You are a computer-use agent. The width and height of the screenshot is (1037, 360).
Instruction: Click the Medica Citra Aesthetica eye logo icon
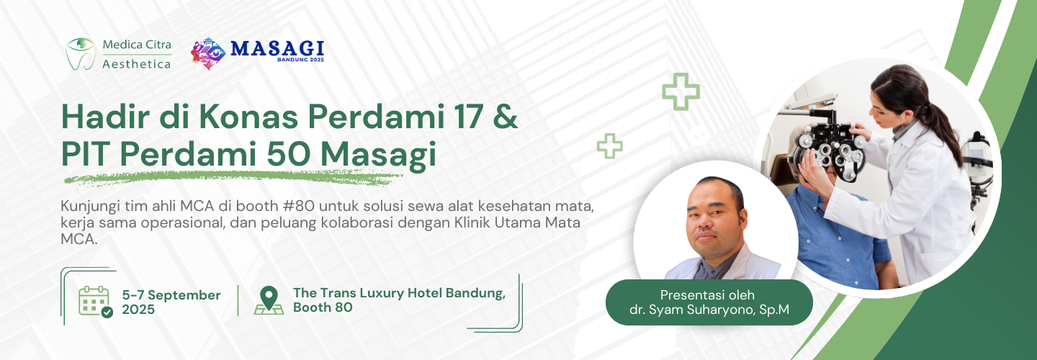(x=81, y=53)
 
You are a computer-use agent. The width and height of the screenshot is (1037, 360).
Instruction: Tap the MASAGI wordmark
(x=277, y=49)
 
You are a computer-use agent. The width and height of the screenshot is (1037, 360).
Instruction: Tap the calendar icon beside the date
(x=95, y=301)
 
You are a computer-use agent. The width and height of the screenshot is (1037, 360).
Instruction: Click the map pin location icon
(x=269, y=300)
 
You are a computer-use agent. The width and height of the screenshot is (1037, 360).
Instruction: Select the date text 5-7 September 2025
(x=171, y=302)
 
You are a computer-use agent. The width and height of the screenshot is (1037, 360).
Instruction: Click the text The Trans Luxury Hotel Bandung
(x=399, y=293)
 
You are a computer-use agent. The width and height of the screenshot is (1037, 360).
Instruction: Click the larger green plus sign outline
(x=681, y=91)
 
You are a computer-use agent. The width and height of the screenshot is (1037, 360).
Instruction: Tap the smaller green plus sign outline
(x=609, y=145)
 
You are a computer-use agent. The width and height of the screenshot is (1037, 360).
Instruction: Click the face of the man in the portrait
(x=714, y=216)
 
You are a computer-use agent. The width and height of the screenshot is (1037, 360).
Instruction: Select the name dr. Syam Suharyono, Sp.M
(x=709, y=310)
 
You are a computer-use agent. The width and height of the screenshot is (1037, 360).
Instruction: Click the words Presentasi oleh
(x=709, y=294)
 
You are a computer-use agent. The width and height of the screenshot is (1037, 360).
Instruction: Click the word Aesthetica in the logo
(x=137, y=64)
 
